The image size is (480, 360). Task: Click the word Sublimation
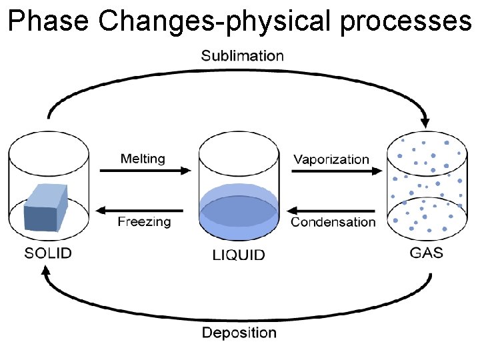242,56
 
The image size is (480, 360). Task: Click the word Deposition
239,333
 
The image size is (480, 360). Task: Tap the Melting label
143,159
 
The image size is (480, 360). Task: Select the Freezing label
144,221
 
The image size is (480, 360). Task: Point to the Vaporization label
331,159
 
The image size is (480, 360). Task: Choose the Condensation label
333,222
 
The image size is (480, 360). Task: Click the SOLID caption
48,253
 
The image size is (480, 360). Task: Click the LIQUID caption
239,255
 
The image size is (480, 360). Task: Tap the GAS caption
426,253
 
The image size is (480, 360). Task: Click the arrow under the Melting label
145,171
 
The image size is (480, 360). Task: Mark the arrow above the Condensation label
332,210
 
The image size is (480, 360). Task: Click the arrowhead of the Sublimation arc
425,122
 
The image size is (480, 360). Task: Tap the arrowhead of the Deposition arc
45,271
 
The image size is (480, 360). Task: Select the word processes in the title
405,21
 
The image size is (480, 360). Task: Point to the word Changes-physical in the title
216,21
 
